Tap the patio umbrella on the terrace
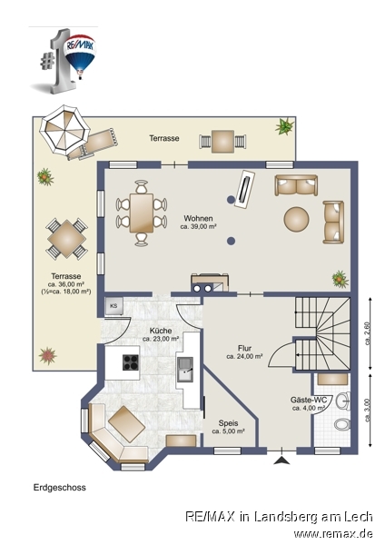coord(64,129)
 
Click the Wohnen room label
coord(198,219)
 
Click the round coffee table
coord(296,219)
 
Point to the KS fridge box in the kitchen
coord(114,306)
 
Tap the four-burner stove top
coord(131,362)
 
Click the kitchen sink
coord(185,370)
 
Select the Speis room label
coord(228,423)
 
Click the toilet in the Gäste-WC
coord(342,424)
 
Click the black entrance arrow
coord(281,461)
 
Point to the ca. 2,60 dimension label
coord(368,333)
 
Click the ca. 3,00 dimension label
coord(368,411)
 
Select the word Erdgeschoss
coord(59,488)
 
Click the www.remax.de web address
coord(333,533)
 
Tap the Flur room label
coord(244,348)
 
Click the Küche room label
coord(161,331)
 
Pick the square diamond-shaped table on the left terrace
coord(66,239)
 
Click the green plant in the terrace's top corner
coord(284,126)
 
